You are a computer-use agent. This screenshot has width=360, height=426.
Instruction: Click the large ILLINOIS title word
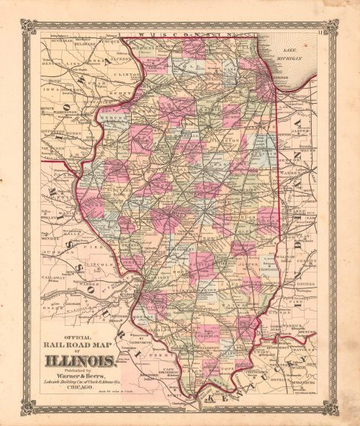(x=81, y=360)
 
